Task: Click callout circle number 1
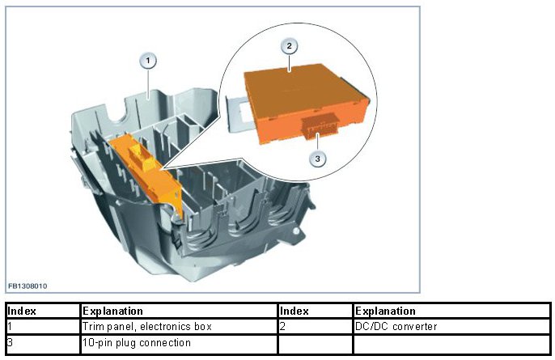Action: click(x=147, y=60)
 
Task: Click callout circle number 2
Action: click(x=290, y=46)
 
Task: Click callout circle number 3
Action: click(x=318, y=159)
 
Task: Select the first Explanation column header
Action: click(x=112, y=311)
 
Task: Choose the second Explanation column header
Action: click(x=385, y=311)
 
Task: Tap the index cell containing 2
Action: click(x=282, y=326)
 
